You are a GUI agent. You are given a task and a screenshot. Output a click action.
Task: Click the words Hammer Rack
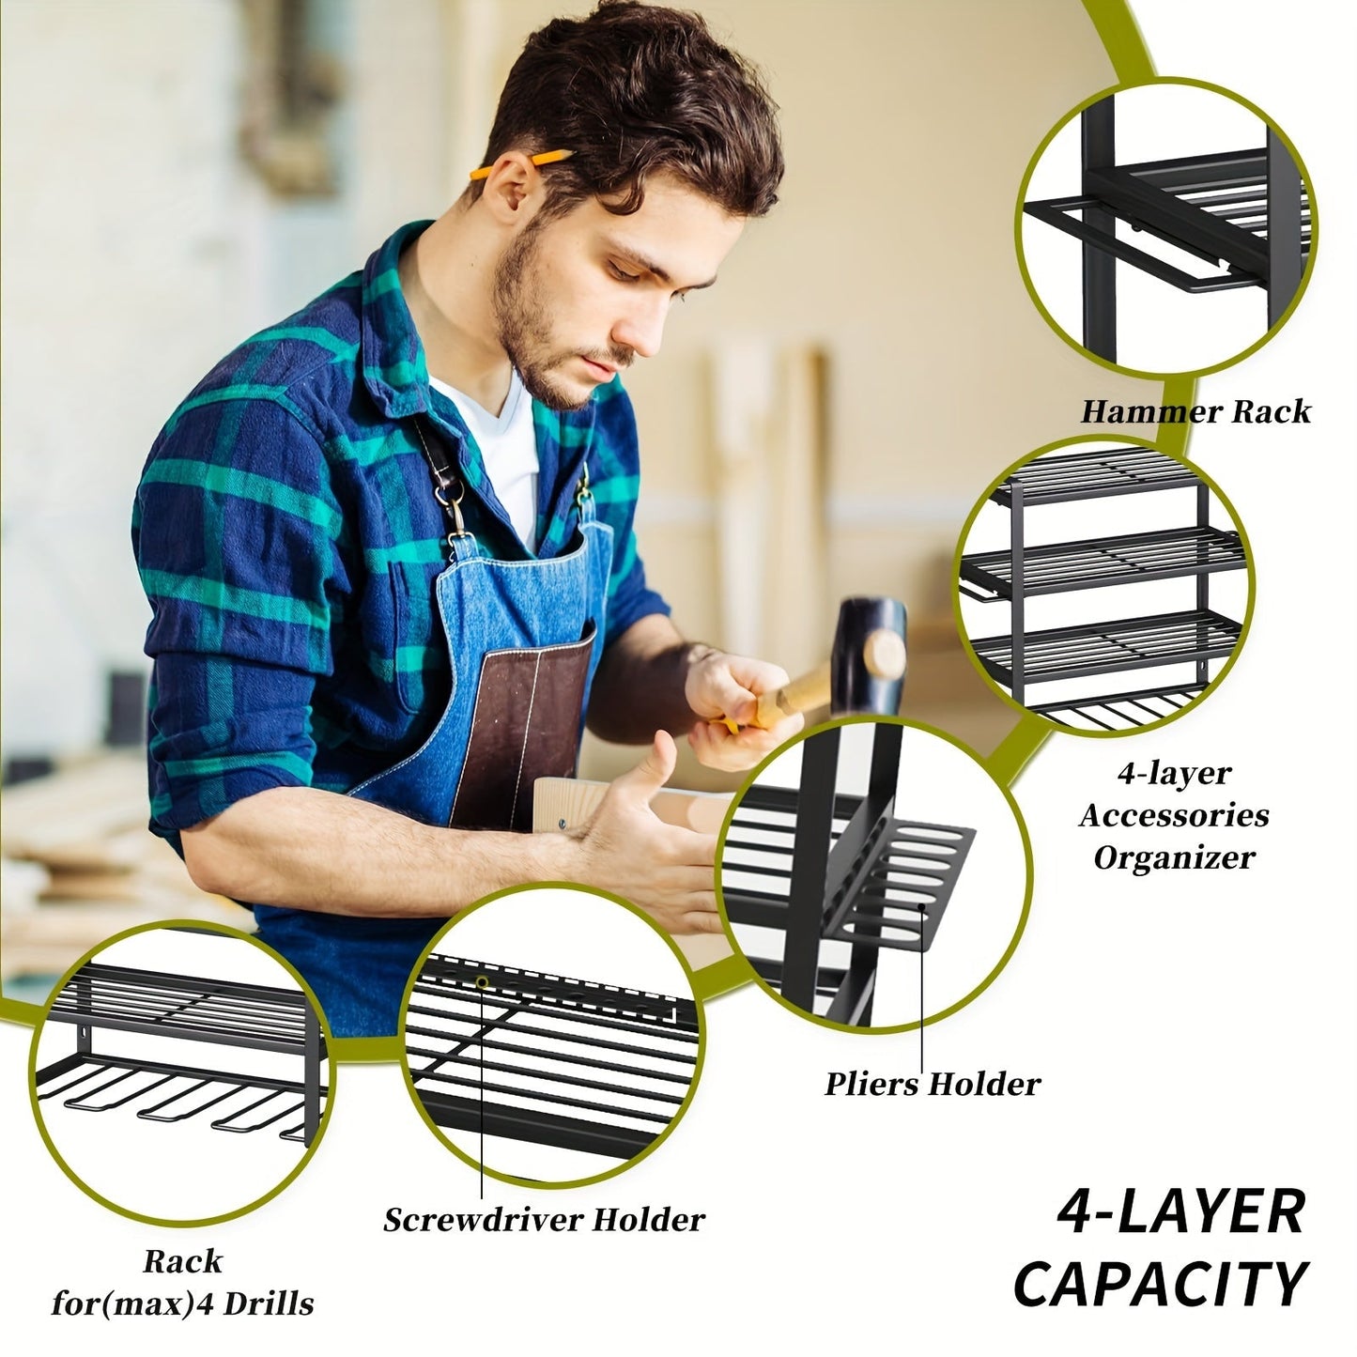1195,411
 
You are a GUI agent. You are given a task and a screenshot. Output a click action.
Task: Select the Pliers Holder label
933,1084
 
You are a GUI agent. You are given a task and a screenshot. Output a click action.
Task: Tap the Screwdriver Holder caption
544,1219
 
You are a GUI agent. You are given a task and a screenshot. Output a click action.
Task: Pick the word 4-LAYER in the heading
1180,1212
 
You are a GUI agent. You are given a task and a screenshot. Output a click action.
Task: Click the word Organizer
1174,856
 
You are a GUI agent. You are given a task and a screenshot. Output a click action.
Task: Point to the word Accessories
1174,814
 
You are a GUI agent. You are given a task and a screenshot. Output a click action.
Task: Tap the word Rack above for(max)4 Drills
183,1260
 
